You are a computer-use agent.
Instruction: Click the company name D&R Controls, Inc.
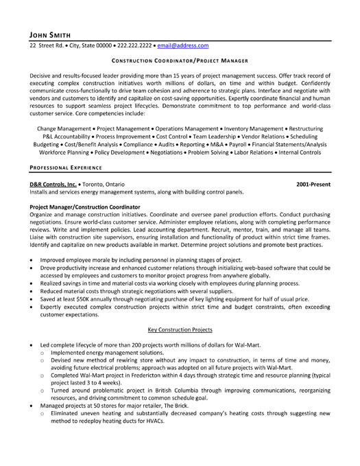(x=53, y=185)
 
